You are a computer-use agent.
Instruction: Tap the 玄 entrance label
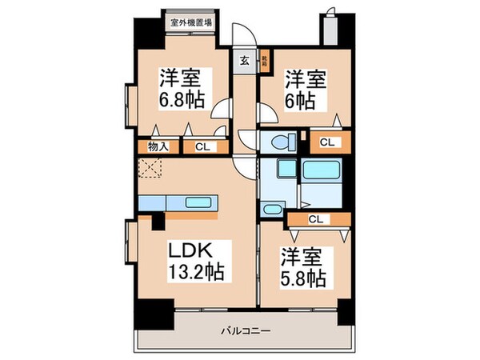[x=243, y=58]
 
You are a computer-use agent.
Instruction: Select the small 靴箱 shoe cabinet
[x=265, y=58]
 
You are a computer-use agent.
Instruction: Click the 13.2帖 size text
[x=196, y=273]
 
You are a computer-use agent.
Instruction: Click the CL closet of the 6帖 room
[x=326, y=142]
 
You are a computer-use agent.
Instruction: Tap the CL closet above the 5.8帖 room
[x=317, y=218]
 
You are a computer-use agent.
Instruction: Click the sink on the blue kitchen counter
[x=196, y=202]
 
